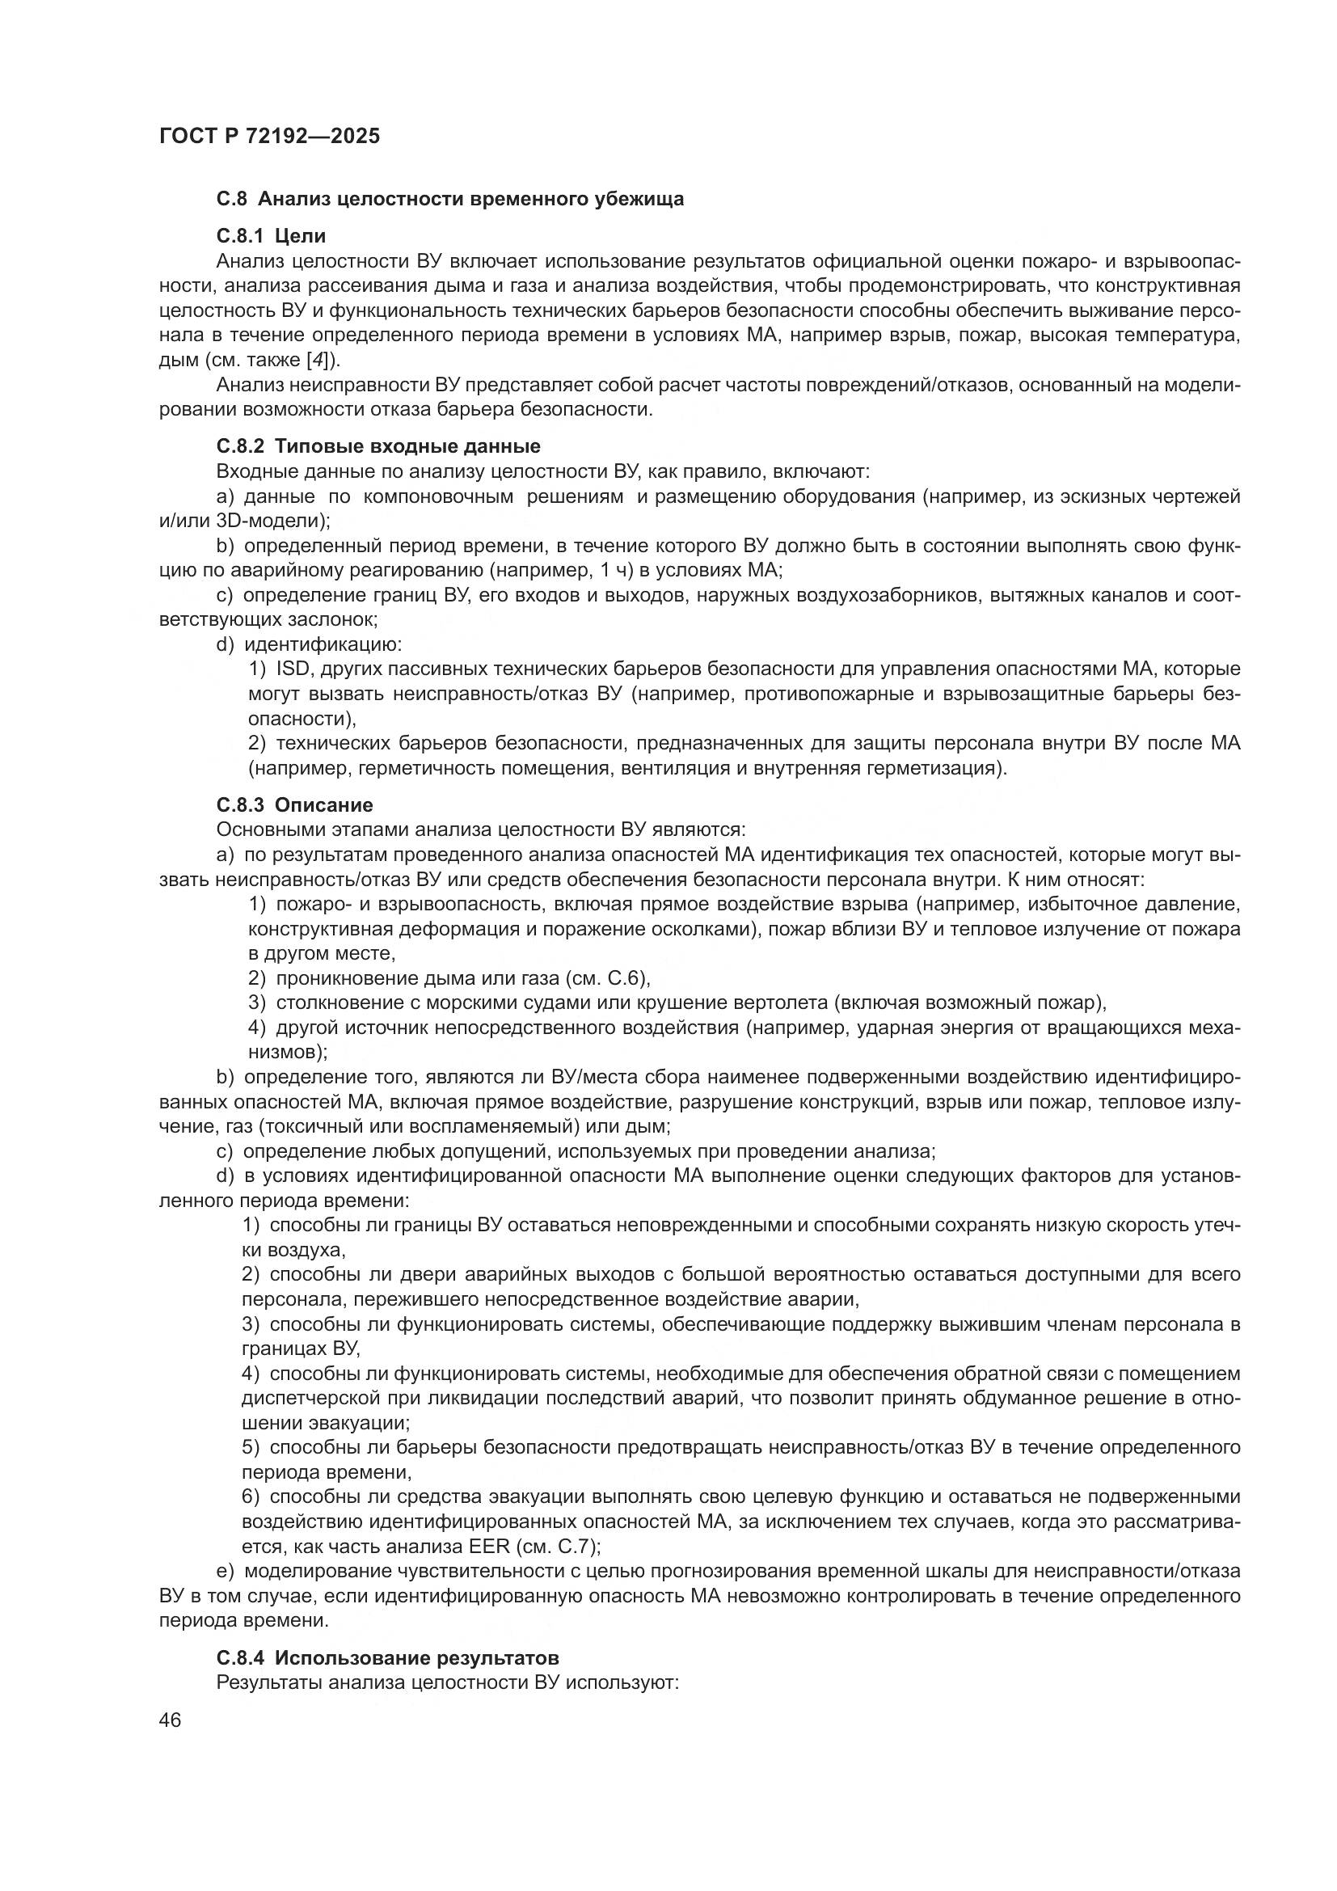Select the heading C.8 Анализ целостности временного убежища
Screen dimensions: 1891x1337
click(449, 200)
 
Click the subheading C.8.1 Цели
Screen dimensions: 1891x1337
click(271, 236)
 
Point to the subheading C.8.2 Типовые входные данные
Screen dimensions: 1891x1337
click(377, 446)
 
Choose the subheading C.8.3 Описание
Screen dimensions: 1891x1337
click(295, 804)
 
